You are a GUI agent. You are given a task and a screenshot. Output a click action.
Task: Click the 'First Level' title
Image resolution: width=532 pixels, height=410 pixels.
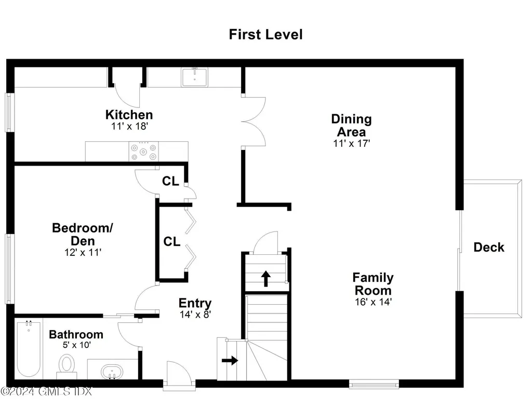(x=265, y=35)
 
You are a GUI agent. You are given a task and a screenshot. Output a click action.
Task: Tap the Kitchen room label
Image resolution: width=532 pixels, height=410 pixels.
(x=129, y=115)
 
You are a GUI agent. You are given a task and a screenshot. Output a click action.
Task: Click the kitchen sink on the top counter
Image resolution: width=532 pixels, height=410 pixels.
(x=195, y=77)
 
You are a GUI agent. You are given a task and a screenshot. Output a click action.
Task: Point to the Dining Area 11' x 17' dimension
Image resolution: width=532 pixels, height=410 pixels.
(x=351, y=144)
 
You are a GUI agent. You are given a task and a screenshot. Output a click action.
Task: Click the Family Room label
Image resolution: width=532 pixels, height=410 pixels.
(x=373, y=284)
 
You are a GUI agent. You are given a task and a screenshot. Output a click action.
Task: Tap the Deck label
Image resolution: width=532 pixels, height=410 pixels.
(x=488, y=248)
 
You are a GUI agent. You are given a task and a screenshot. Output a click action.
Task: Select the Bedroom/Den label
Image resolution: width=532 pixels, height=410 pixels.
(x=83, y=234)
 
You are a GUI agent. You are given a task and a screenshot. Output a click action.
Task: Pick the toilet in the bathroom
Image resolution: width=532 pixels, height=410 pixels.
(x=66, y=364)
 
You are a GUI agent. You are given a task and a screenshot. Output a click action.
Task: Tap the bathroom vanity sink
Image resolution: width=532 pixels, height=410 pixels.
(x=110, y=372)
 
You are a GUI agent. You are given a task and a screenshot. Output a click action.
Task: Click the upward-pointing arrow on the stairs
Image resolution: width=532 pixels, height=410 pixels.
(x=265, y=278)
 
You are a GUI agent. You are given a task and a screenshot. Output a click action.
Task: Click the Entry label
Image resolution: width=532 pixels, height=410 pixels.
(x=195, y=303)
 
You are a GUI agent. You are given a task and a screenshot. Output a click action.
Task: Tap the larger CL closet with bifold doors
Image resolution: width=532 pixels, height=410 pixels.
(x=171, y=242)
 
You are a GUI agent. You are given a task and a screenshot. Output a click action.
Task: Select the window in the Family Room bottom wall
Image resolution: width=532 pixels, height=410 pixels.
(x=374, y=385)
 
